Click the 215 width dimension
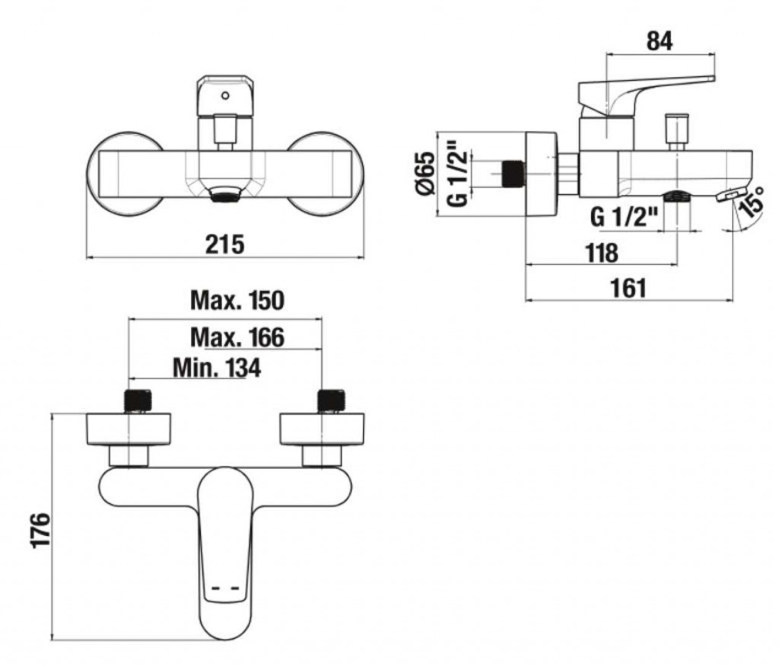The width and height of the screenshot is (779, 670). [224, 244]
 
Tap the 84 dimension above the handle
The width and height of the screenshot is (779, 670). [659, 41]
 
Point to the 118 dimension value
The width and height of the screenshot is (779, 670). [601, 252]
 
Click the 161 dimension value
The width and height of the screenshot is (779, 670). [628, 287]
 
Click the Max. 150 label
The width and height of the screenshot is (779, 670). [237, 301]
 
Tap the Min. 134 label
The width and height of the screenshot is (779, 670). [217, 368]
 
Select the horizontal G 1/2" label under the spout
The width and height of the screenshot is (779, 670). [624, 218]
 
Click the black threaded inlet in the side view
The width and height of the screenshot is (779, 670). [513, 174]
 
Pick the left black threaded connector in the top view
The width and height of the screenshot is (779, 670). [138, 400]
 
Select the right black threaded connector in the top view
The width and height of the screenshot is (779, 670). [331, 400]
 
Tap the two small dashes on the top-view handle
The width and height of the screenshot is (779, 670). [225, 589]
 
